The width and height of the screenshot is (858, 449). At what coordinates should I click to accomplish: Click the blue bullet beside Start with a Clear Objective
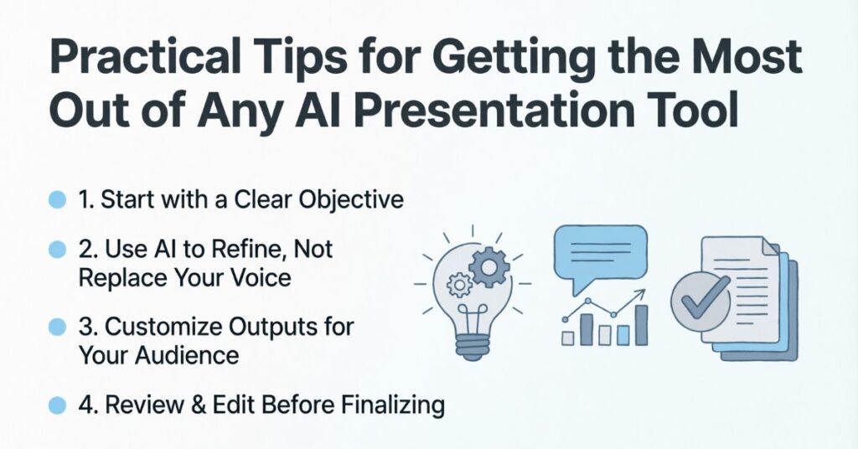57,200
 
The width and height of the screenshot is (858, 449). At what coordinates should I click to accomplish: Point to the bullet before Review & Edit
57,405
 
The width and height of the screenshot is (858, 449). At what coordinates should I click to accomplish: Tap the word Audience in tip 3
187,355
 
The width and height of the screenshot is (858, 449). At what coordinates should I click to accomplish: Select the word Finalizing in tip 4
392,405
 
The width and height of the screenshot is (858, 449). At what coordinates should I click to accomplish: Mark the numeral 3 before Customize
85,327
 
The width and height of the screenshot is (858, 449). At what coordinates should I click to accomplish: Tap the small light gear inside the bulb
458,284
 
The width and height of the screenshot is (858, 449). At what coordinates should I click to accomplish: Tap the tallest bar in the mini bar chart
641,325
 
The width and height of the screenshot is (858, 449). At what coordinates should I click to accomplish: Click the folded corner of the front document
769,246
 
